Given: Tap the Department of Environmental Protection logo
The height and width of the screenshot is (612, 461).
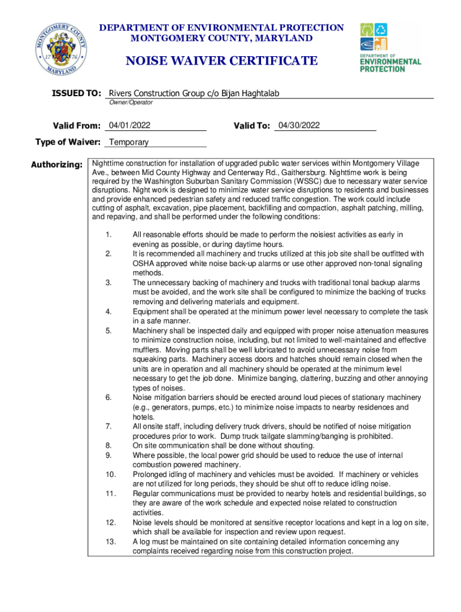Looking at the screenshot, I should (390, 47).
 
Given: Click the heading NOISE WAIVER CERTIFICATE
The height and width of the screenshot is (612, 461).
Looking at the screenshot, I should (221, 61).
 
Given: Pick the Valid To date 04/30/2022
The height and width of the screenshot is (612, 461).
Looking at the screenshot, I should (299, 126).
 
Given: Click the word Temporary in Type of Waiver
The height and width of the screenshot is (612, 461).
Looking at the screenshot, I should (129, 142).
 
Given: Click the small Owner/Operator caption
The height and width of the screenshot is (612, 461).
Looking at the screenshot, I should (131, 103).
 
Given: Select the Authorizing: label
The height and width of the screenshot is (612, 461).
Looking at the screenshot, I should (56, 164).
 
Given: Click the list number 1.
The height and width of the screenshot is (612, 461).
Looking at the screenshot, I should (108, 235).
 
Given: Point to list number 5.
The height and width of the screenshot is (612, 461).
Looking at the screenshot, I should (108, 331).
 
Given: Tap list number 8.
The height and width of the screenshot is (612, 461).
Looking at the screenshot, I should (108, 445).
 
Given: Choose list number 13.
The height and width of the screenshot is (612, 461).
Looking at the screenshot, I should (110, 541).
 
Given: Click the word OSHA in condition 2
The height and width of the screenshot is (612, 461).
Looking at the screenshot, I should (144, 264).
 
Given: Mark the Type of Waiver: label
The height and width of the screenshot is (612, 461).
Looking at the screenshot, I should (68, 142).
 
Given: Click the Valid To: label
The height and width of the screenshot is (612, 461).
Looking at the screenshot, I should (251, 126).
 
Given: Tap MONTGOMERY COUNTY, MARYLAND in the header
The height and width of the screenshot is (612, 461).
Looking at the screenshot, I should (222, 38).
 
